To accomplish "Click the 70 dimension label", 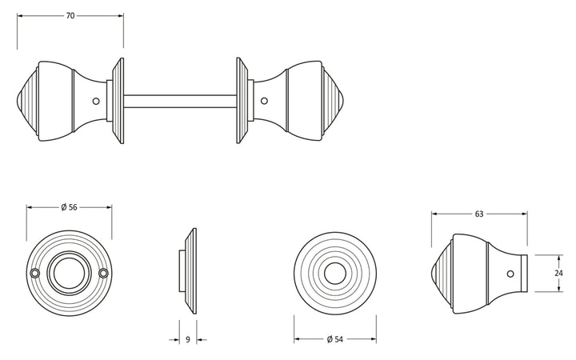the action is tap(70, 15).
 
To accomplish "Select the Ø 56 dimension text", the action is tap(69, 207).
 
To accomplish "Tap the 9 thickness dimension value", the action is tap(188, 339).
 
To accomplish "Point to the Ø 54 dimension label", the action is tap(334, 339).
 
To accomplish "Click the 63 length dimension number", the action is tap(479, 214).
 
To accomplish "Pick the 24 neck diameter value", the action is tap(558, 273).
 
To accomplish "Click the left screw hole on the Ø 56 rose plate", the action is tap(35, 273).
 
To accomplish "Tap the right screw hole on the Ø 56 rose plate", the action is tap(103, 273).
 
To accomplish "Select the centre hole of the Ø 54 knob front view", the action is tap(335, 274).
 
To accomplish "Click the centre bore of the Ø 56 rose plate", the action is tap(70, 273).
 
